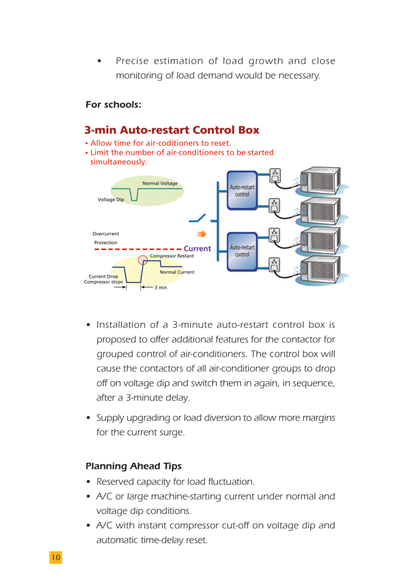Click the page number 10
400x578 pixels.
coord(55,557)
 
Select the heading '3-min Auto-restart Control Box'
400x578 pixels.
coord(172,130)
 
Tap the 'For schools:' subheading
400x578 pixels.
coord(113,105)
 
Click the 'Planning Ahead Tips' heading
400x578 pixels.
coord(134,466)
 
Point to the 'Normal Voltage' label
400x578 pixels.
coord(160,183)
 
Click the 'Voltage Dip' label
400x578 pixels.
coord(111,199)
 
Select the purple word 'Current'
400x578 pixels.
coord(197,248)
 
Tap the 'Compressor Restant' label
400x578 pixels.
coord(171,256)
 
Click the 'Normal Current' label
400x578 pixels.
coord(177,272)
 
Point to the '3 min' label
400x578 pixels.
coord(161,287)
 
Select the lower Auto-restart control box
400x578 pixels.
coord(242,251)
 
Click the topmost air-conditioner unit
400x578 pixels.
coord(321,181)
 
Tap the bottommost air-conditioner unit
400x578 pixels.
coord(321,271)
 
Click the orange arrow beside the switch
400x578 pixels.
coord(201,234)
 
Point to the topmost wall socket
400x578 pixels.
coord(276,176)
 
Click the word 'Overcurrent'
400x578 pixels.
coord(106,233)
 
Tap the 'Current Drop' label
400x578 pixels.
coord(104,276)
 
